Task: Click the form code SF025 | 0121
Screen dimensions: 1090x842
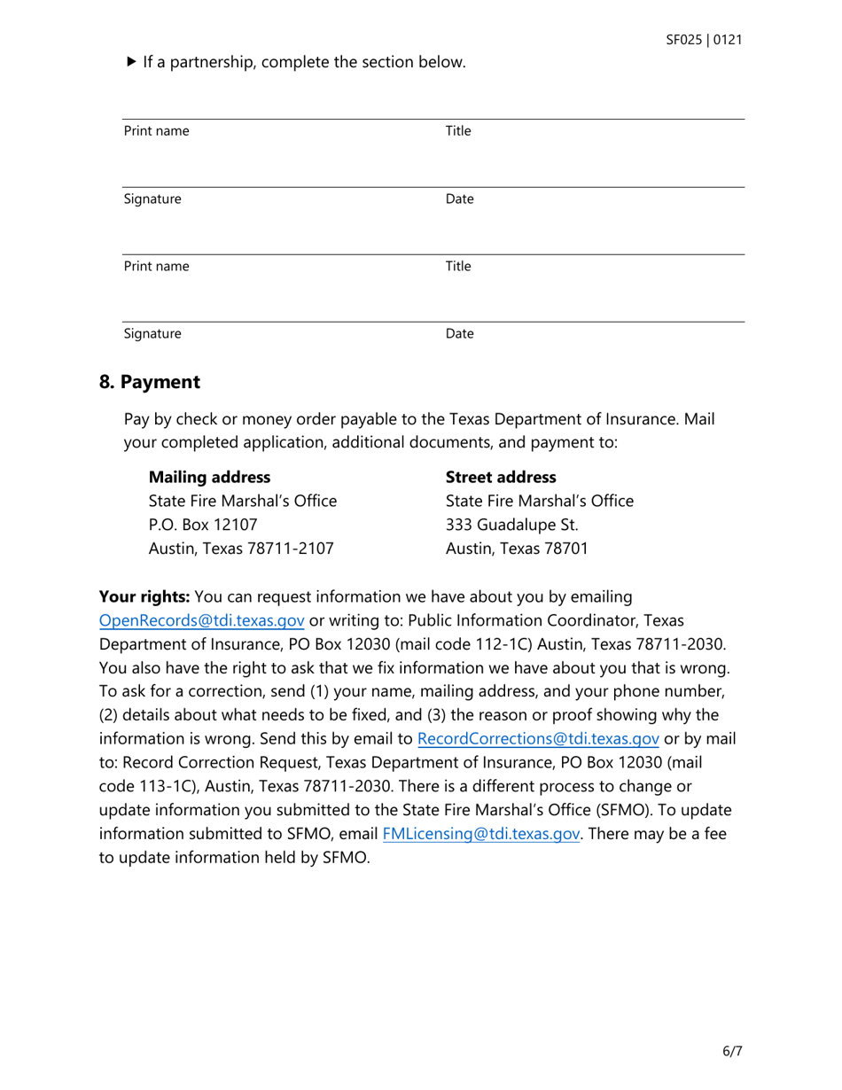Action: pyautogui.click(x=704, y=40)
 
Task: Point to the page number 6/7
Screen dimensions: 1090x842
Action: pyautogui.click(x=731, y=1052)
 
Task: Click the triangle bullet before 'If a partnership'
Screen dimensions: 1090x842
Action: pyautogui.click(x=131, y=62)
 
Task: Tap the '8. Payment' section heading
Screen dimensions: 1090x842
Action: pyautogui.click(x=150, y=382)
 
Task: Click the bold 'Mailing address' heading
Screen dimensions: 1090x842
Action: pyautogui.click(x=209, y=477)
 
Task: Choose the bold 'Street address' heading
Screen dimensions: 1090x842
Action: pyautogui.click(x=501, y=477)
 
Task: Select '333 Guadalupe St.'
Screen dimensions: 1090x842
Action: pyautogui.click(x=511, y=525)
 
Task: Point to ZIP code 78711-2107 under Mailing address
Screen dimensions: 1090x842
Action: pyautogui.click(x=289, y=549)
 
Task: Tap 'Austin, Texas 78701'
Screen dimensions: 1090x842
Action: pyautogui.click(x=516, y=549)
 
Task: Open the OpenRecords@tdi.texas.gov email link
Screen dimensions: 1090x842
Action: pyautogui.click(x=202, y=619)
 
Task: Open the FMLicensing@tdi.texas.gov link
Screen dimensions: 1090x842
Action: pyautogui.click(x=481, y=834)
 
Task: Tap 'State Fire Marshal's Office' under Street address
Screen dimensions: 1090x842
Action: pyautogui.click(x=539, y=501)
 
